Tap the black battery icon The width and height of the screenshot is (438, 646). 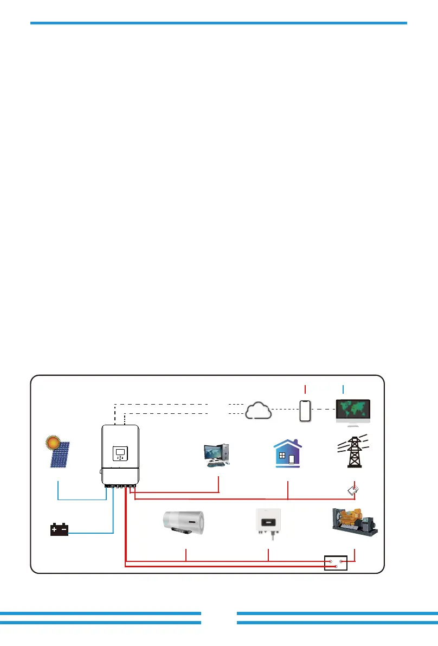[x=59, y=529]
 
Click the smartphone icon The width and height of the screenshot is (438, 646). [x=305, y=411]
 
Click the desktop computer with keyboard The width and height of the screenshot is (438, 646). [x=217, y=455]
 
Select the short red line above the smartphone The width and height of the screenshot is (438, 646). [x=305, y=388]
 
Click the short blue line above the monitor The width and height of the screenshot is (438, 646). [x=343, y=388]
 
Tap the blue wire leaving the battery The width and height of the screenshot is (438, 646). [x=92, y=534]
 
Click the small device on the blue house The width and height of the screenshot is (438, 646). [x=292, y=459]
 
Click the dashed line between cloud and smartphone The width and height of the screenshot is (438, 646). [x=285, y=408]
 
